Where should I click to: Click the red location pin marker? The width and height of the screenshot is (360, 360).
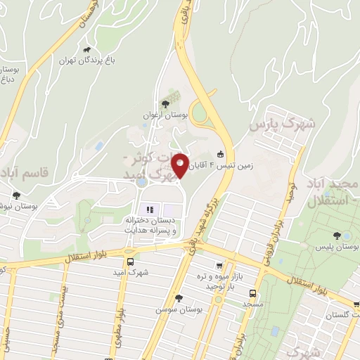(180, 165)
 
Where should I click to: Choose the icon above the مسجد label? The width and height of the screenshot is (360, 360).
(252, 295)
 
